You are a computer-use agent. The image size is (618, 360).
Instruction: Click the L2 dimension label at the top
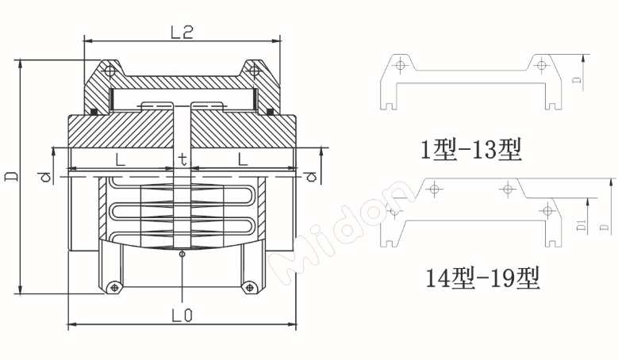(182, 31)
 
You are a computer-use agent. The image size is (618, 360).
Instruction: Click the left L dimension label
(120, 159)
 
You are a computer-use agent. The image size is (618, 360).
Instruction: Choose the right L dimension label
(244, 159)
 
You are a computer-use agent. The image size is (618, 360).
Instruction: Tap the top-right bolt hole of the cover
(254, 71)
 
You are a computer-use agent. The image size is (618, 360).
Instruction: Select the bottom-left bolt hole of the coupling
(116, 286)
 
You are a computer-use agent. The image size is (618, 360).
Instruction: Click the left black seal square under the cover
(93, 112)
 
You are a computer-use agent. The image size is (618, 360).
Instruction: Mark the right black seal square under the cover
(271, 112)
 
